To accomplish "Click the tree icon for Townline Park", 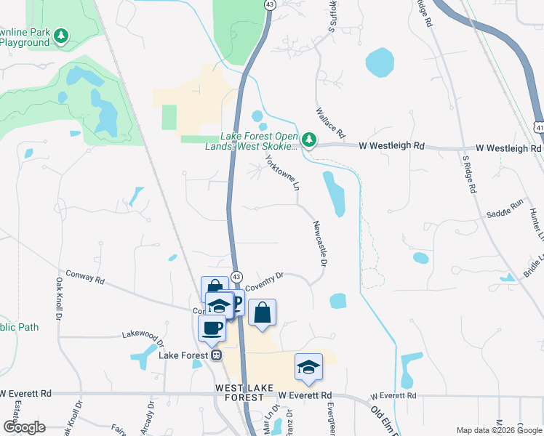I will tap(62, 36).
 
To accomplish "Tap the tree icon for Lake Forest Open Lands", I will tap(309, 139).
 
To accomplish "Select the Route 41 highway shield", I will tap(537, 126).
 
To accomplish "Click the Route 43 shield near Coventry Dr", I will tap(236, 276).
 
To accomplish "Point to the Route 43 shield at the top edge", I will tap(270, 4).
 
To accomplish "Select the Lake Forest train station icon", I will tap(216, 355).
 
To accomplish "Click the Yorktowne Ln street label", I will tap(282, 172).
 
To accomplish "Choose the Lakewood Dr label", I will tap(143, 336).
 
